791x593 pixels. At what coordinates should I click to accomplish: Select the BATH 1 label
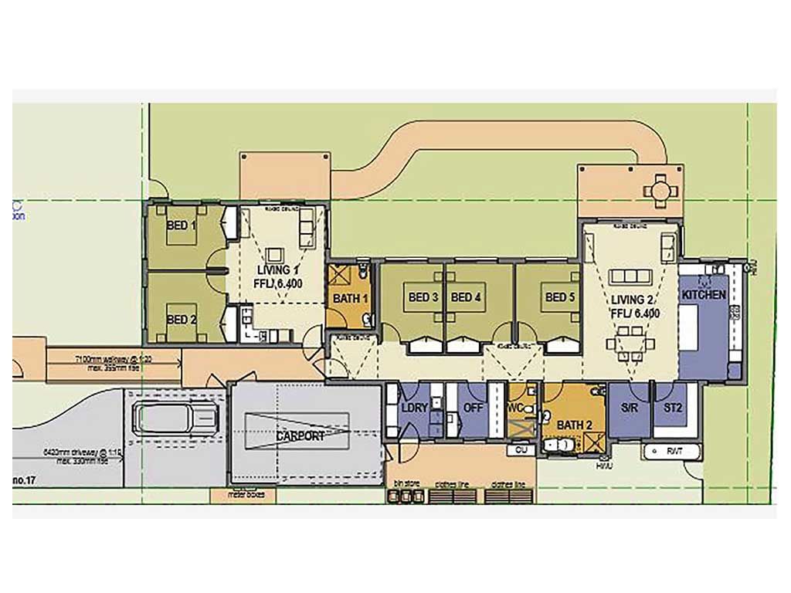(349, 298)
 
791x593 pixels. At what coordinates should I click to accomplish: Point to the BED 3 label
(423, 297)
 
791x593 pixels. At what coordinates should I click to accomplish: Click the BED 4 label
(466, 297)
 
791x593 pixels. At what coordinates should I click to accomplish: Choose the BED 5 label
(560, 297)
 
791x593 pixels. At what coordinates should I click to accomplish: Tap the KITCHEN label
(703, 295)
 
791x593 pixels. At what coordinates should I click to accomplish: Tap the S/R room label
(629, 407)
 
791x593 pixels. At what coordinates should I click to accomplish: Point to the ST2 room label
(673, 407)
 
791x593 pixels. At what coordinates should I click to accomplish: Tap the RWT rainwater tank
(670, 449)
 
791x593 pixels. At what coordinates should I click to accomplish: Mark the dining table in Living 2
(626, 344)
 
